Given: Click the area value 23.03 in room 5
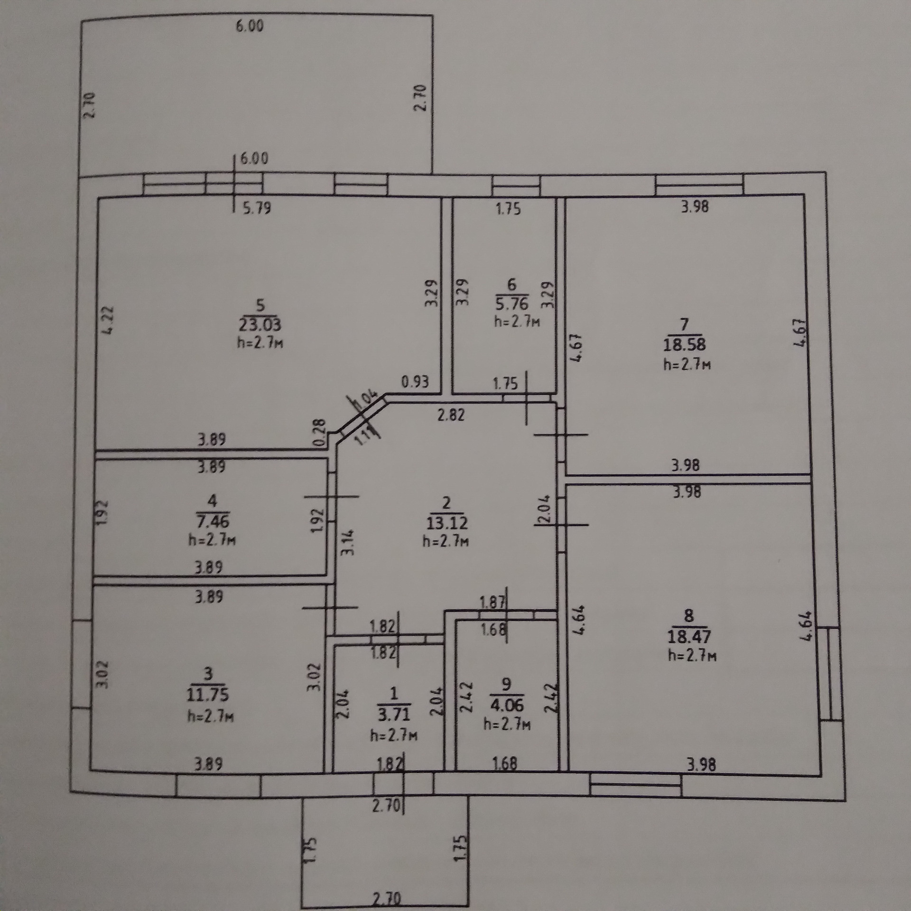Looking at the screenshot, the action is pos(260,325).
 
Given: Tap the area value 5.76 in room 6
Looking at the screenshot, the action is pos(511,304).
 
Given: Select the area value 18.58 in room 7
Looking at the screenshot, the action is pos(684,344).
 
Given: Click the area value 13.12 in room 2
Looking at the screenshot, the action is pos(446,523).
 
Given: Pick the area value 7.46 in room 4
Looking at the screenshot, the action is pos(212,521).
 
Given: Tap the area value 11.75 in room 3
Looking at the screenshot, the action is pos(208,695).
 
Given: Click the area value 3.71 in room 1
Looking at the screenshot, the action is pos(393,714).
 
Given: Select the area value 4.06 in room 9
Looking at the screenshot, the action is pos(507,705).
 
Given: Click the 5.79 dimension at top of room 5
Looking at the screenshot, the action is pos(257,208).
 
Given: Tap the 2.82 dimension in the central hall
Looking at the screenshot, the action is pos(451,415).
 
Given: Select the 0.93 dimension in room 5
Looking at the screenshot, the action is pos(415,381).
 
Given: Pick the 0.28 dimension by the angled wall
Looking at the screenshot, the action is pos(320,432).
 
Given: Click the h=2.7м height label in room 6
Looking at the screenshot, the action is pos(517,321).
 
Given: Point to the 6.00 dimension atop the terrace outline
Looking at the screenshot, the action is pos(250,26).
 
